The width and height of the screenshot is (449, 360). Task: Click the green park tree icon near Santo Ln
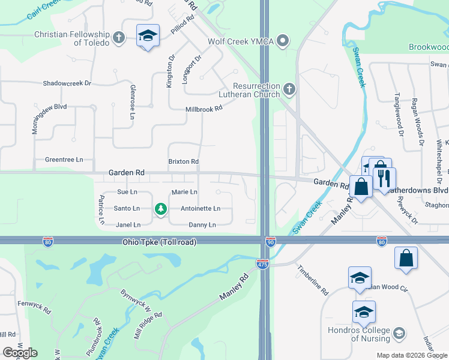click(x=160, y=209)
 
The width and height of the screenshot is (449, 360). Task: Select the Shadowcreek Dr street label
click(x=67, y=83)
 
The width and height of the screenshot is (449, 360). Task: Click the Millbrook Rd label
click(x=204, y=109)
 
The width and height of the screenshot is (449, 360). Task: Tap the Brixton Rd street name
click(x=184, y=162)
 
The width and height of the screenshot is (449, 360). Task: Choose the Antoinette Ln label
click(x=200, y=209)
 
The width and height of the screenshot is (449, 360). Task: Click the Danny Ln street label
click(x=202, y=225)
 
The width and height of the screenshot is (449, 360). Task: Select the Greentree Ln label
click(x=64, y=160)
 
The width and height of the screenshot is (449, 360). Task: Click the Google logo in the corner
click(x=20, y=352)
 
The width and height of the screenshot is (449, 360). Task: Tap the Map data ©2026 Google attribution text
click(x=411, y=355)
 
